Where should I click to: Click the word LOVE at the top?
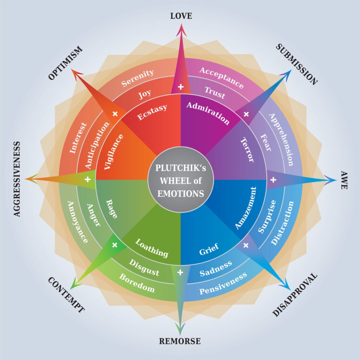pos(181,16)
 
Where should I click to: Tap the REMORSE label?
pos(180,341)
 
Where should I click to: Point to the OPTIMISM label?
pos(65,63)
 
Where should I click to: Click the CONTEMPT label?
pos(66,295)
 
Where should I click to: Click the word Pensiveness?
pos(223,284)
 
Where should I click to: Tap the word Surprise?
pos(267,216)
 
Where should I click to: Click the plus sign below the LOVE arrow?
pos(181,87)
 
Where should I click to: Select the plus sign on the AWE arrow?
pos(273,180)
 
